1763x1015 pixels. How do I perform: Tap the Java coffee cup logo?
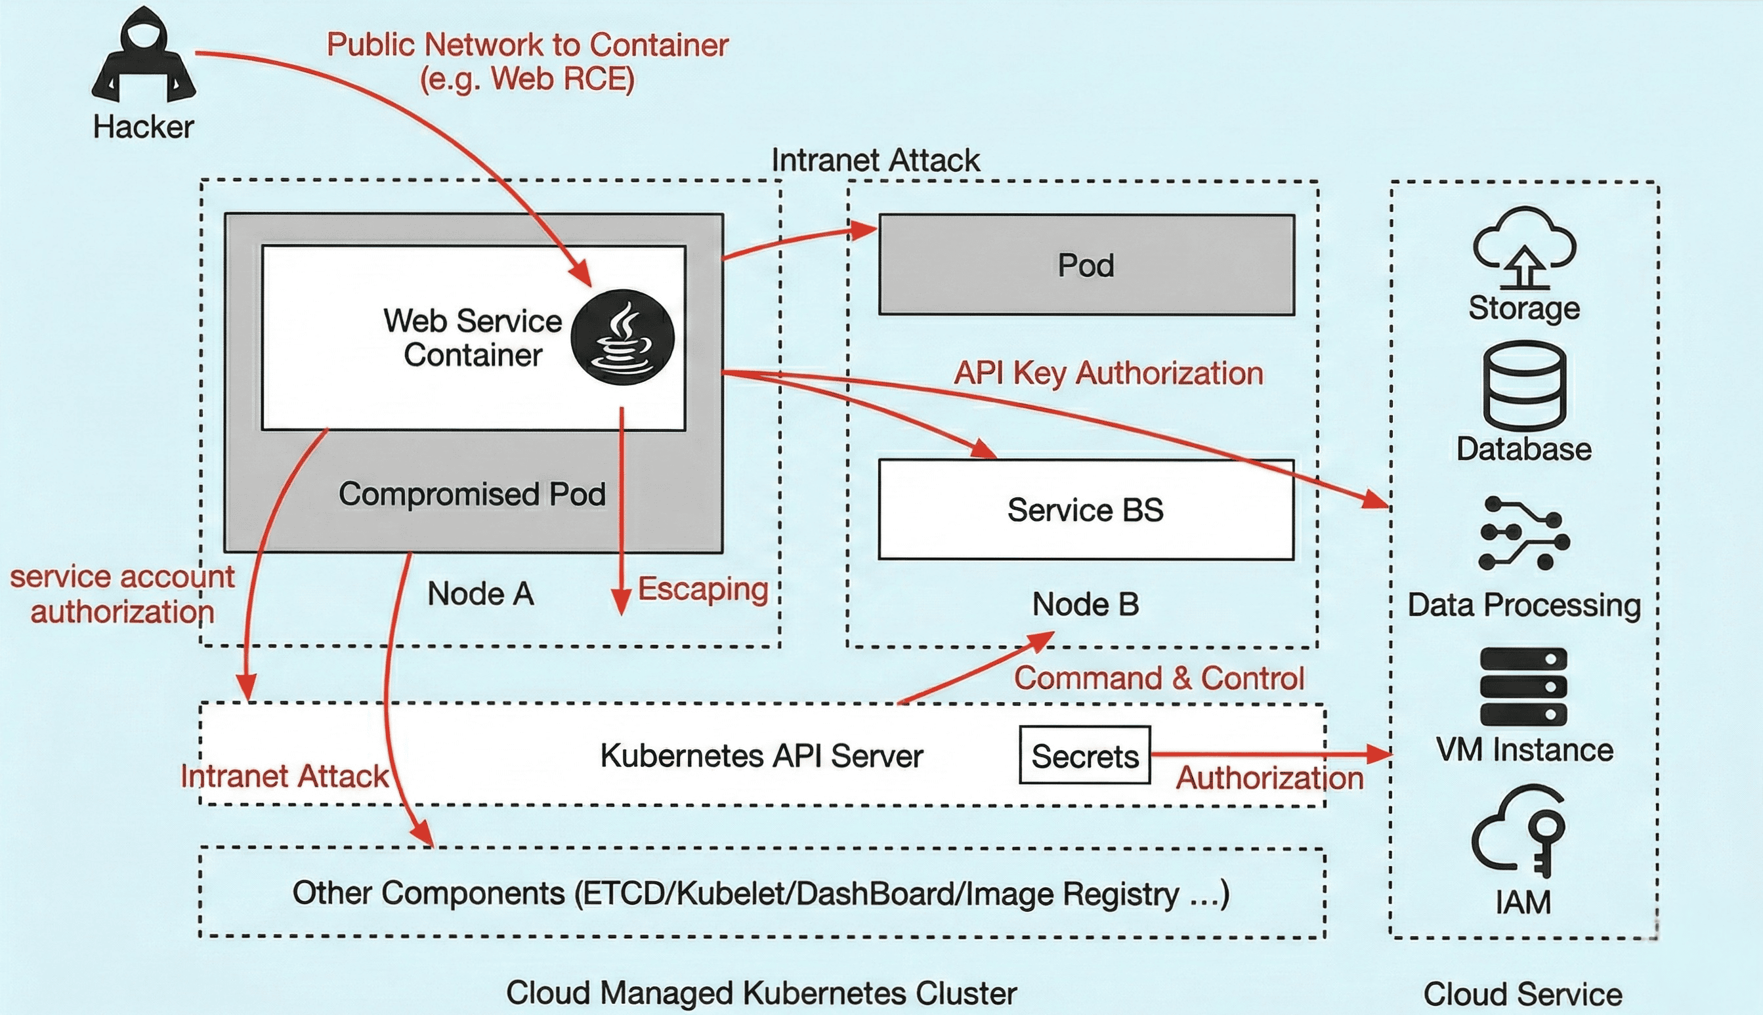[x=622, y=337]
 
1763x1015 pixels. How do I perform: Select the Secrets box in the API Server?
[x=1084, y=756]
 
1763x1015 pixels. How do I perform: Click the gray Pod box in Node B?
[x=1086, y=265]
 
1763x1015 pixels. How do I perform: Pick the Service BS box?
[x=1086, y=510]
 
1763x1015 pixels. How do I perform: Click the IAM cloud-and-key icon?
[x=1520, y=830]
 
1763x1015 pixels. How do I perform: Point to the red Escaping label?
[x=703, y=589]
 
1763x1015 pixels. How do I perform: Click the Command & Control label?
[x=1158, y=678]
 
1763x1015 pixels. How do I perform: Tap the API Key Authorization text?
[x=1108, y=373]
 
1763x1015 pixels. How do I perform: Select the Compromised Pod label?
[x=472, y=493]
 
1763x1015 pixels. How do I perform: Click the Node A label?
[x=480, y=594]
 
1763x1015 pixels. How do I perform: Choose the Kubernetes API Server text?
[x=761, y=756]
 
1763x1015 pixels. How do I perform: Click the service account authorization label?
[x=122, y=594]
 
